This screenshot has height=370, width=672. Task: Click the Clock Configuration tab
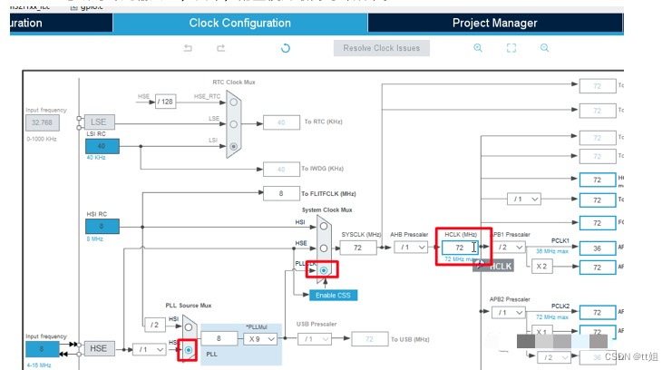[x=239, y=23]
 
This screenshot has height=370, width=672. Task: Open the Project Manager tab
[x=494, y=23]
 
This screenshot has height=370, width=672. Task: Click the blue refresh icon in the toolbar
[x=285, y=48]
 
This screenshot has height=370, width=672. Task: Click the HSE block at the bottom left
[x=98, y=349]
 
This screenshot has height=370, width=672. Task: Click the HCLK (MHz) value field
[x=460, y=247]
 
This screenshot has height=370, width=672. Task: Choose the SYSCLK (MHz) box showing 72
[x=357, y=247]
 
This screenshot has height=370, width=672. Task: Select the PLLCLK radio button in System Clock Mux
[x=323, y=270]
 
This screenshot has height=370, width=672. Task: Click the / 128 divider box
[x=165, y=102]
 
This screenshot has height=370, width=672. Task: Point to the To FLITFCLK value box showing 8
[x=280, y=193]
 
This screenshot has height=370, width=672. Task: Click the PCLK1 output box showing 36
[x=598, y=247]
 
